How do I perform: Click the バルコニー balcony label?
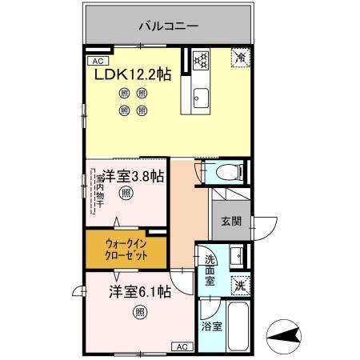[x=167, y=26]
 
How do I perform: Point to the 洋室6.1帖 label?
[x=139, y=292]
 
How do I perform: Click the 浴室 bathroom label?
[x=211, y=326]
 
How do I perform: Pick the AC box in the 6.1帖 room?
[x=181, y=346]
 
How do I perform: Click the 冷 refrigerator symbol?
[x=240, y=57]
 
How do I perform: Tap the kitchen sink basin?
[x=200, y=100]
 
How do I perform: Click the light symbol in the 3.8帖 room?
[x=126, y=193]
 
